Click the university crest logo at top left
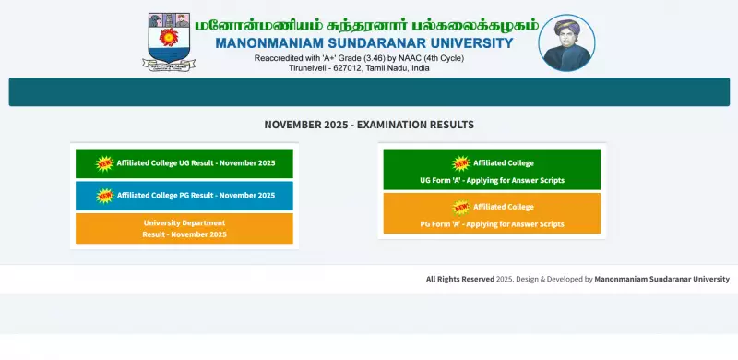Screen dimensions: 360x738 point(169,42)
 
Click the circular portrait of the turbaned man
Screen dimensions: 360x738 point(566,42)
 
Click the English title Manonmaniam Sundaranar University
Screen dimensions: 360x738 point(363,43)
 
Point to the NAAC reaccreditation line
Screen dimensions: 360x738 point(359,58)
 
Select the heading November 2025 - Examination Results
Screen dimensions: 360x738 point(369,125)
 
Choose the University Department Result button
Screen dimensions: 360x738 point(184,229)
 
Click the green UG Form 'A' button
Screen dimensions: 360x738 point(492,171)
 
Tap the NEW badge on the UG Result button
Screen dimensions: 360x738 point(104,163)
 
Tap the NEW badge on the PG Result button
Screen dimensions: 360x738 point(104,196)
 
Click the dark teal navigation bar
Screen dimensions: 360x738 point(369,92)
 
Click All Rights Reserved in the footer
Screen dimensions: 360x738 point(459,279)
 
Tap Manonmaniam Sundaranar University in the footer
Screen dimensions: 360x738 point(661,279)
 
